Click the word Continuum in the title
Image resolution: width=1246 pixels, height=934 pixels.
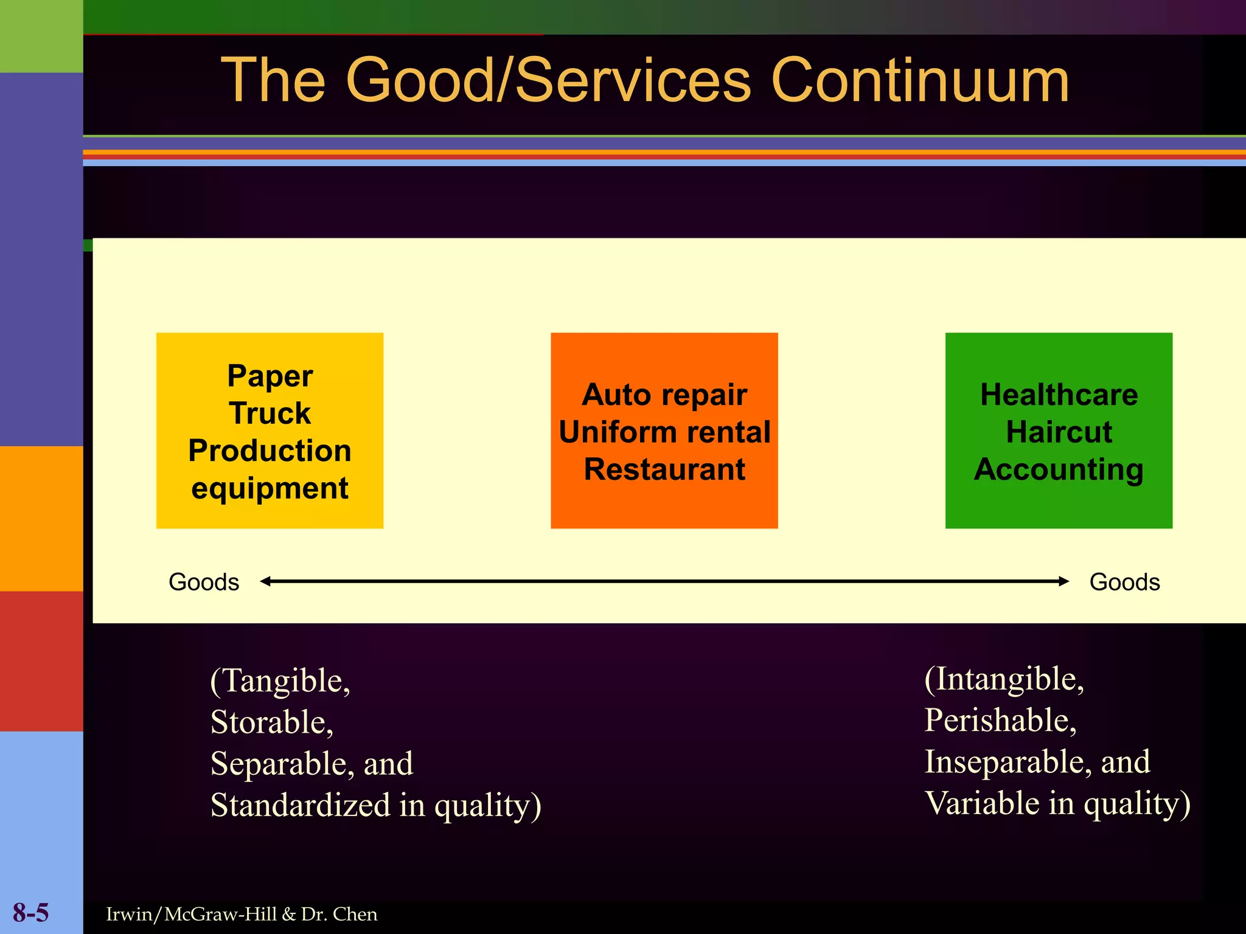(919, 80)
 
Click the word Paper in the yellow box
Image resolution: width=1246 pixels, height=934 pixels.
(270, 376)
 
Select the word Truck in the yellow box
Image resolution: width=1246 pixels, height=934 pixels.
(270, 413)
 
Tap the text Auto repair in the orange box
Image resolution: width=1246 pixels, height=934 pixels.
(664, 395)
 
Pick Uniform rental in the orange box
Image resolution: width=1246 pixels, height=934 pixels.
(664, 432)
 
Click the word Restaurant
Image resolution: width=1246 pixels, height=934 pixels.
(664, 469)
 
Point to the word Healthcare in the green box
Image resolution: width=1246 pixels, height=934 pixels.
(1059, 395)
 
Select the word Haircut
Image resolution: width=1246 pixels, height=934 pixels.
(1059, 432)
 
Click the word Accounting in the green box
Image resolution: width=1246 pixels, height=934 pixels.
(1059, 469)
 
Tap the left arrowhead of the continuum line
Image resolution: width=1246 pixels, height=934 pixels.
(265, 581)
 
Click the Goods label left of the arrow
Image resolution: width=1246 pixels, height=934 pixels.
(204, 582)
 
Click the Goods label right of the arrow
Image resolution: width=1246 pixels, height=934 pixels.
(1124, 582)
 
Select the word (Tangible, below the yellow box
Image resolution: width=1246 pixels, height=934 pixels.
(280, 680)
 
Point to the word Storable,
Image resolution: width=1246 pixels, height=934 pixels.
(272, 722)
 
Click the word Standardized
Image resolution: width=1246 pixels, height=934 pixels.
(301, 805)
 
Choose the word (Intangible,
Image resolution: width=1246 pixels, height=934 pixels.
(1004, 679)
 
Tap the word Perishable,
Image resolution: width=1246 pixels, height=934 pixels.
(1000, 721)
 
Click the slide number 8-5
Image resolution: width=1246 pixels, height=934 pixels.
(30, 913)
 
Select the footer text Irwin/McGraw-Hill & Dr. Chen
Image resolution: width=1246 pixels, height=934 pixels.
(242, 915)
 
